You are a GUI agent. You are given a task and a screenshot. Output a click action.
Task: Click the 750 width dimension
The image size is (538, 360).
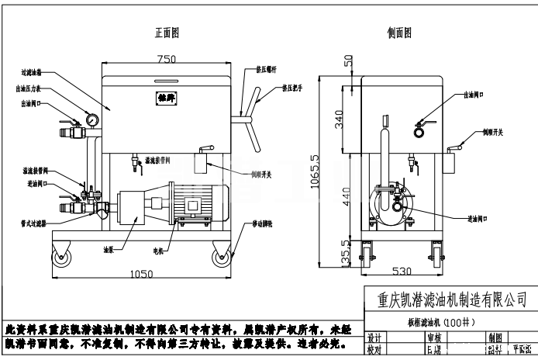(x=167, y=59)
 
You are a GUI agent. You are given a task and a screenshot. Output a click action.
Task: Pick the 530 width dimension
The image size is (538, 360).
(x=399, y=272)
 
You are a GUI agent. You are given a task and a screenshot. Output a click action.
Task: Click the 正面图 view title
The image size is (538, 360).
(x=167, y=33)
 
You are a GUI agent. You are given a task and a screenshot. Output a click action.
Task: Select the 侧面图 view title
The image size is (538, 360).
(x=399, y=33)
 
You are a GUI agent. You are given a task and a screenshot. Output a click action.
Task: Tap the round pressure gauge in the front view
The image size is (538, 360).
(x=92, y=120)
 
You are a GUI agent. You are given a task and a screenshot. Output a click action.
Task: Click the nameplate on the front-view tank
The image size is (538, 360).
(x=162, y=99)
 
